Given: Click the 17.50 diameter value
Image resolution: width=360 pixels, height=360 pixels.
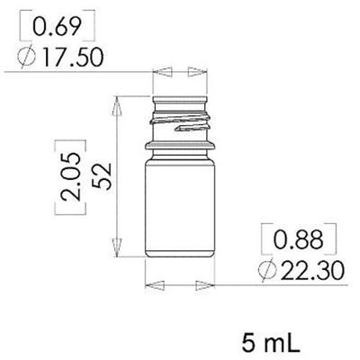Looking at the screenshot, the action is pyautogui.click(x=74, y=57).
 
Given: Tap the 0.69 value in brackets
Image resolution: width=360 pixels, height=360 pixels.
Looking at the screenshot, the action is pyautogui.click(x=57, y=26).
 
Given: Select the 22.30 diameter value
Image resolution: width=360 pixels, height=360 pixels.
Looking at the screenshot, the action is pyautogui.click(x=312, y=270).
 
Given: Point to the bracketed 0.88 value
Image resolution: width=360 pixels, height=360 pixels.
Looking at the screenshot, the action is pyautogui.click(x=299, y=239).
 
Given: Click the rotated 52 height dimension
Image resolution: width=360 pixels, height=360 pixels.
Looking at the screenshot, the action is pyautogui.click(x=102, y=175).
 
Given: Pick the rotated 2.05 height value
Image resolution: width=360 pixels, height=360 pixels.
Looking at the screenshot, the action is pyautogui.click(x=71, y=176).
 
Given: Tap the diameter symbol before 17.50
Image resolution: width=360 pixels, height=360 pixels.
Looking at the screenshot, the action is pyautogui.click(x=28, y=58).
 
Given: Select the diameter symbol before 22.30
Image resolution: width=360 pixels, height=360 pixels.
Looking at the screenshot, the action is pyautogui.click(x=267, y=270).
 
